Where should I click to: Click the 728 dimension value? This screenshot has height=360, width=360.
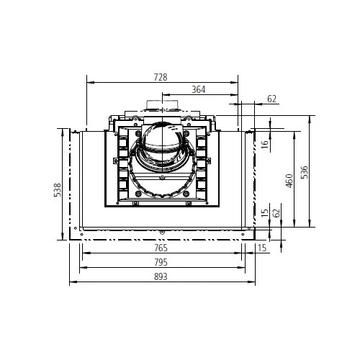[161, 77]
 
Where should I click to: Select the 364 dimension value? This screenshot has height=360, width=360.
[199, 89]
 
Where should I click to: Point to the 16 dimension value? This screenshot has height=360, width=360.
[264, 144]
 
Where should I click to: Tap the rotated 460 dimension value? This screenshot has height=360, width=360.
[289, 181]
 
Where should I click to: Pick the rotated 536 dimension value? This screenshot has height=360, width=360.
[304, 172]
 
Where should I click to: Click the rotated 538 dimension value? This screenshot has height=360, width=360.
[58, 190]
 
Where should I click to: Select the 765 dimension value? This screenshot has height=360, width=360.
[161, 248]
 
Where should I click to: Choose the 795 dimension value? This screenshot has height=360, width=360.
[161, 262]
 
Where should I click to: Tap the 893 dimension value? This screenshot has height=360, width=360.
[161, 276]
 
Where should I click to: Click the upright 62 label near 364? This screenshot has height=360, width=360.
[272, 99]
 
